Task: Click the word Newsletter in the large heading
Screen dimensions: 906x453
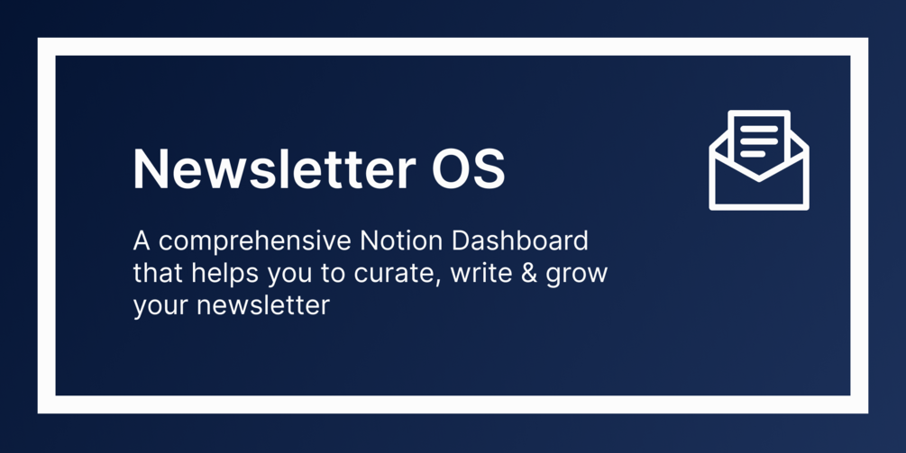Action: pyautogui.click(x=274, y=168)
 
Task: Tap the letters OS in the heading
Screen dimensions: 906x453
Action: pyautogui.click(x=469, y=168)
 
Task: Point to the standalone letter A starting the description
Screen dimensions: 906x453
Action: pyautogui.click(x=142, y=241)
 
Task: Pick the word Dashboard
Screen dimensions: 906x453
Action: pyautogui.click(x=519, y=240)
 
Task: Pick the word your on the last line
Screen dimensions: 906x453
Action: pyautogui.click(x=160, y=308)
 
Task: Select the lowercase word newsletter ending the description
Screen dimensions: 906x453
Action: pyautogui.click(x=263, y=305)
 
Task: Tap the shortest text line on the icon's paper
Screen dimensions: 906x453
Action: pyautogui.click(x=753, y=154)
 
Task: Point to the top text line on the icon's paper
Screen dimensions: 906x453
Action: pyautogui.click(x=759, y=129)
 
